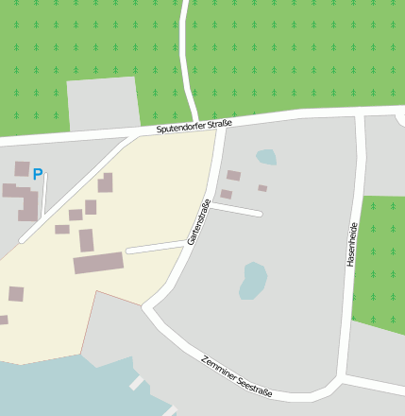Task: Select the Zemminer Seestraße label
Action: point(236,375)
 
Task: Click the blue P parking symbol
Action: point(38,174)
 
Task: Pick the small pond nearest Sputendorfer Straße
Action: point(266,157)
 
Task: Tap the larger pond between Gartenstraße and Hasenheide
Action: point(253,281)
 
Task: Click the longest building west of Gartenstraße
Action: point(98,262)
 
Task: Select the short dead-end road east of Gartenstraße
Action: point(237,210)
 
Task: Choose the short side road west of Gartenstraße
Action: point(155,248)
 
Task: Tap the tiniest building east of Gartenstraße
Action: point(262,188)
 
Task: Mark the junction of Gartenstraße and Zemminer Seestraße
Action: point(147,306)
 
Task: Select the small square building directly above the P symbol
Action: point(22,168)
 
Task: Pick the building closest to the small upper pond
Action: point(233,175)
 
